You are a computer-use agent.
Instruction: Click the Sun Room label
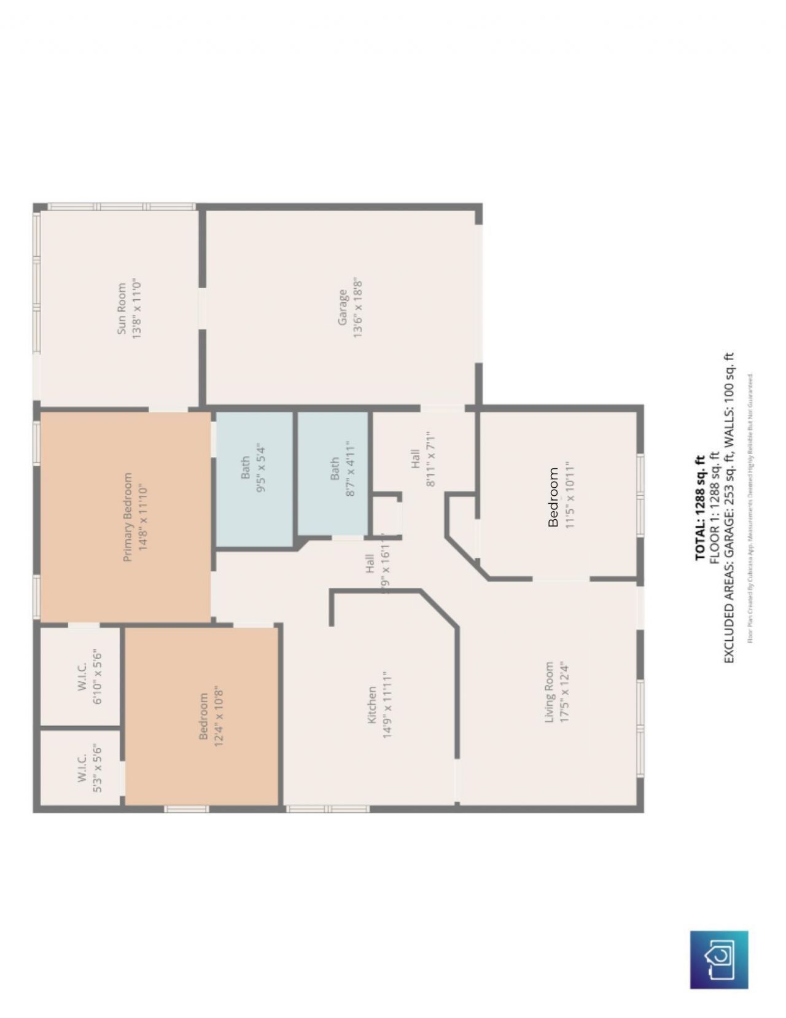(122, 308)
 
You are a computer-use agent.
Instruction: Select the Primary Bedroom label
(128, 517)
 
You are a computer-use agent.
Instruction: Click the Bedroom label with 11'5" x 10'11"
(553, 497)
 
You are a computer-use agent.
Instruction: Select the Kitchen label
(372, 704)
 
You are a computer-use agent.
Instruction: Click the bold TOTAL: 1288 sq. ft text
(700, 507)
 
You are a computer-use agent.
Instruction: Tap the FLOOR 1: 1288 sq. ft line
(714, 507)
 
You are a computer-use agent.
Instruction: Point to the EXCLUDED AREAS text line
(729, 507)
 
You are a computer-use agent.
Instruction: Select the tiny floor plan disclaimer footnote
(750, 507)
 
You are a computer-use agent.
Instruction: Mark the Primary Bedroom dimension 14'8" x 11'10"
(144, 517)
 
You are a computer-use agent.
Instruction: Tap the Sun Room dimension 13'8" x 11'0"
(137, 308)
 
